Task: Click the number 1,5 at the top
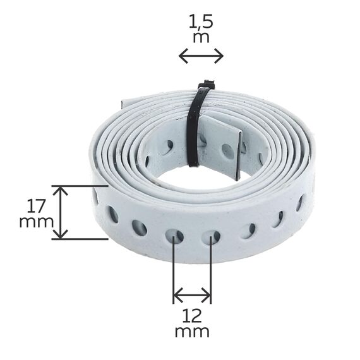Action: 201,22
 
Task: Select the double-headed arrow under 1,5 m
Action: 201,56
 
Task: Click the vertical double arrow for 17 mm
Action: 60,212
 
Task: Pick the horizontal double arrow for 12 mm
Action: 192,294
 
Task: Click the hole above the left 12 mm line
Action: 174,237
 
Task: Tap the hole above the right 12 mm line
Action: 211,237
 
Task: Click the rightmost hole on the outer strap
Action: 300,203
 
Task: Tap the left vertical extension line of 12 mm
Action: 174,272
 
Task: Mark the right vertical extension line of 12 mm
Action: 211,272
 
